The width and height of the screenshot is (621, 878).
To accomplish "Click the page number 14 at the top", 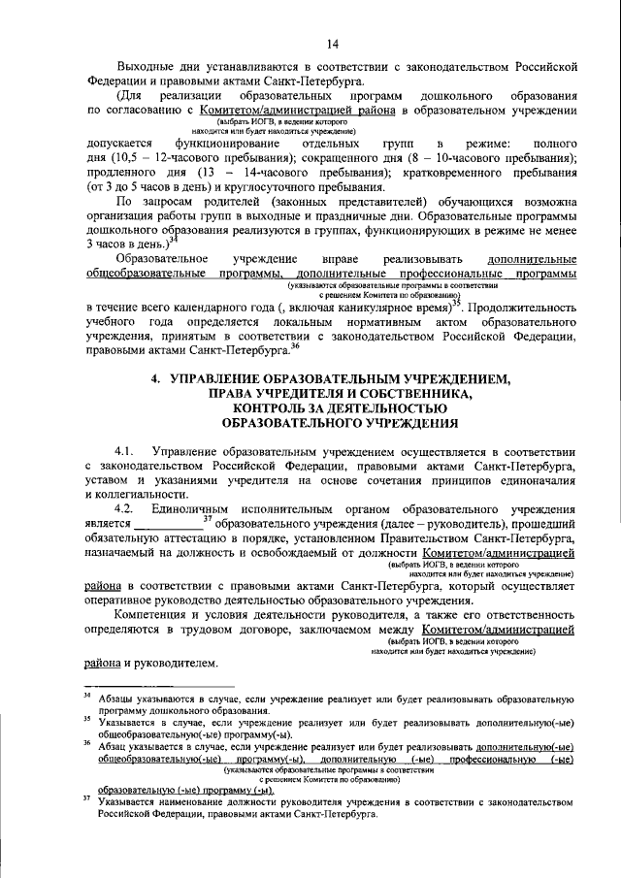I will click(x=331, y=44).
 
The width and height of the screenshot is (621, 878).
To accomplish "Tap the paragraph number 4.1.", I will click(x=127, y=452).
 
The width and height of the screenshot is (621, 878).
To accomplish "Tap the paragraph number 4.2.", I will click(x=127, y=508).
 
